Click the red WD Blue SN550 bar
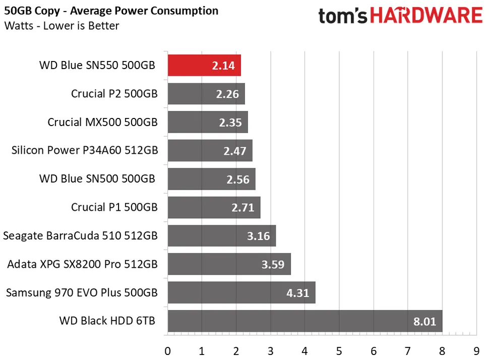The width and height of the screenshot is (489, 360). (x=204, y=66)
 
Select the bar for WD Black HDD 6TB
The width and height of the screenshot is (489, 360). (x=304, y=321)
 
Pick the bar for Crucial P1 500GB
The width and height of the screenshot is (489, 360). (x=214, y=208)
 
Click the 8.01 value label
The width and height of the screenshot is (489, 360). (x=424, y=321)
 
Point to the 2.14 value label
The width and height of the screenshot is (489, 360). (x=224, y=66)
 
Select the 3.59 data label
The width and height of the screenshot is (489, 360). (x=273, y=265)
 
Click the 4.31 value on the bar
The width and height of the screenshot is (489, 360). (x=297, y=293)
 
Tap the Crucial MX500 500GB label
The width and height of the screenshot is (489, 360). (x=102, y=122)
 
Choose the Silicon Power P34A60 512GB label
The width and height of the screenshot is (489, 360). (x=84, y=150)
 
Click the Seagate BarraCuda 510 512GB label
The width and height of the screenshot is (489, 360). (x=80, y=235)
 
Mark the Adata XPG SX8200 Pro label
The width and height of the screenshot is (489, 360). (x=82, y=264)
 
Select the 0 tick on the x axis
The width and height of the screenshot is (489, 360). (x=167, y=350)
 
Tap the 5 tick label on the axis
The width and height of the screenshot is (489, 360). (x=339, y=350)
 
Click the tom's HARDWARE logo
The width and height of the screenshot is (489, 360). (x=400, y=16)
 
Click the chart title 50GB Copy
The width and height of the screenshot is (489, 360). (x=111, y=11)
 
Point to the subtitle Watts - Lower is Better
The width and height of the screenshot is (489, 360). (x=62, y=25)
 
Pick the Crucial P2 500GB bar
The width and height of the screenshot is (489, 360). (x=206, y=94)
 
